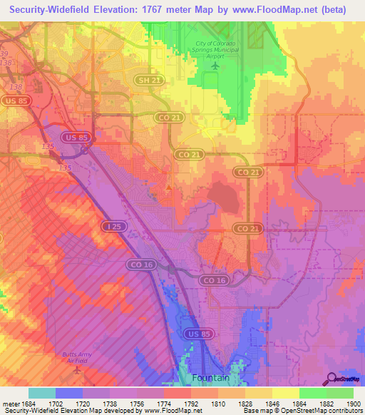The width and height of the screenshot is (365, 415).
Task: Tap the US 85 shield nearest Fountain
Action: [x=195, y=333]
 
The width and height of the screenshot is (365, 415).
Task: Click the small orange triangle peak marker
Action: [x=168, y=188]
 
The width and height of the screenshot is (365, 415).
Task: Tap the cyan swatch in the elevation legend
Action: [x=41, y=393]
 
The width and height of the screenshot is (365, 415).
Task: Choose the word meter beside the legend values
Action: [x=11, y=404]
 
